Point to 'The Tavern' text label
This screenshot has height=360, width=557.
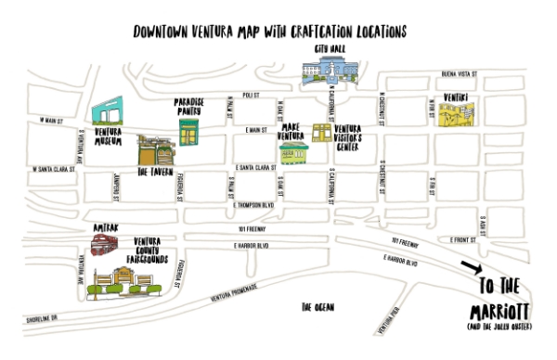pyautogui.click(x=155, y=173)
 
